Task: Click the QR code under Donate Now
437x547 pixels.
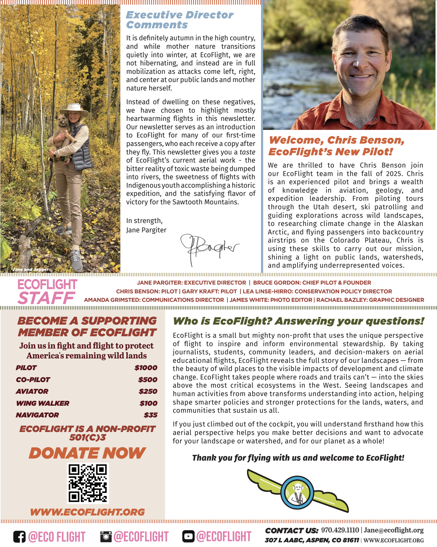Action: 88,483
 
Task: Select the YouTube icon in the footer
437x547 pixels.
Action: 188,536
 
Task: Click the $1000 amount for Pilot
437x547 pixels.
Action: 146,368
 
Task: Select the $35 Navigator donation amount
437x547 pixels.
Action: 150,415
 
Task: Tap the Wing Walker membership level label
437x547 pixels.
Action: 43,403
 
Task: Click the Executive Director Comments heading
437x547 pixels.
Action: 179,20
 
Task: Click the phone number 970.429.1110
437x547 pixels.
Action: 340,530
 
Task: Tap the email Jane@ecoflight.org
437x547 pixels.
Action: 393,530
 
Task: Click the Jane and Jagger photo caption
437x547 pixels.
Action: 31,269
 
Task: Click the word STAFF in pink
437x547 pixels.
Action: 46,298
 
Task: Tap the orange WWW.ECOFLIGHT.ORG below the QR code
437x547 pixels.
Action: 87,512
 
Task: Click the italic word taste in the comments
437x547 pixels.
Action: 247,152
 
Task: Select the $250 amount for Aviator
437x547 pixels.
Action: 148,391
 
